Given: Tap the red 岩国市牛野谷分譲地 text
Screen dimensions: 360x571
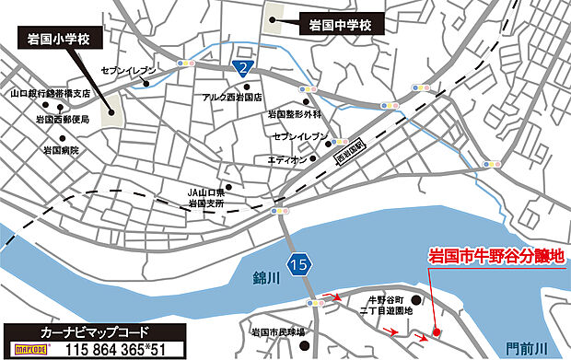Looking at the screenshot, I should (495, 261).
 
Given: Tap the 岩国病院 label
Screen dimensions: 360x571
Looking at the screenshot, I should (62, 149).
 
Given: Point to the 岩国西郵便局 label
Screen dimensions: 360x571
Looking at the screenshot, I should (63, 120).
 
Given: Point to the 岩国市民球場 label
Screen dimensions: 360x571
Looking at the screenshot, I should (284, 330).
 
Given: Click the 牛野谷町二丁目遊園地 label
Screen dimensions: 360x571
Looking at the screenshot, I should (388, 306).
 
